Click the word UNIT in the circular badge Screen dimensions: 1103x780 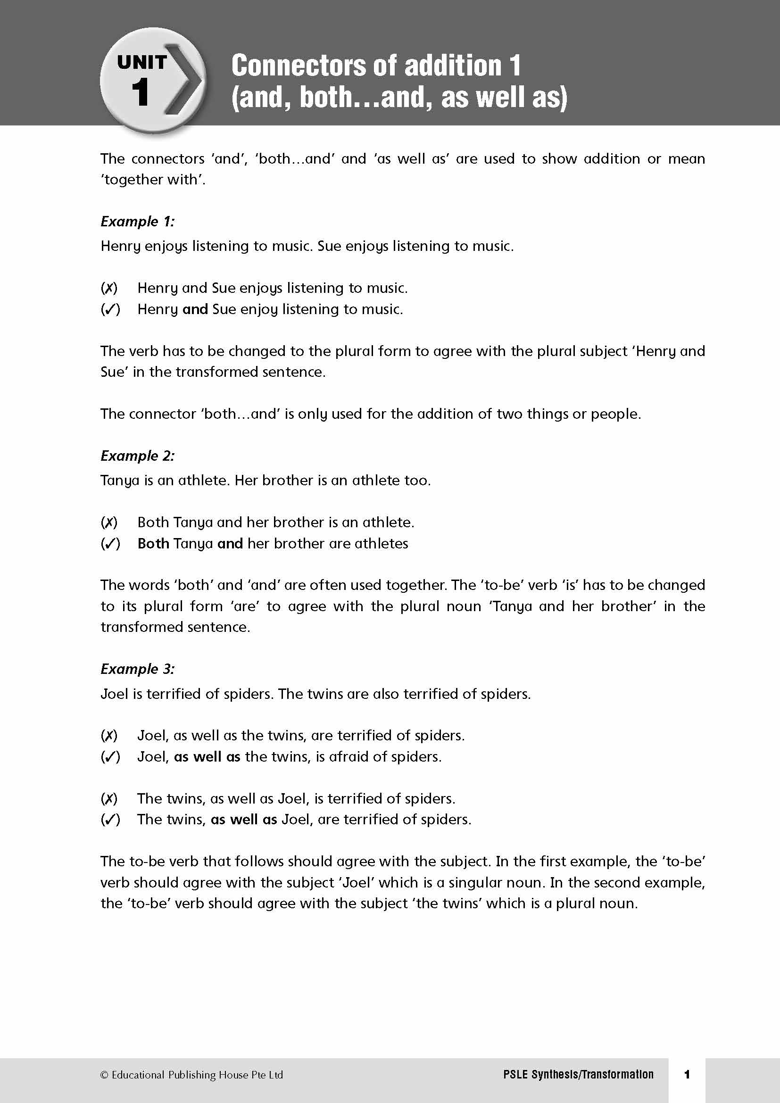141,62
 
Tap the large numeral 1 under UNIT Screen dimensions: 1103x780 140,92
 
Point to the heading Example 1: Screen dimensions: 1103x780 137,222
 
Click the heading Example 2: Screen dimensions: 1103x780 137,456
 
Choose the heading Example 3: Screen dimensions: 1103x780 137,669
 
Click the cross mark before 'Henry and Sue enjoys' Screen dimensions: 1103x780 109,288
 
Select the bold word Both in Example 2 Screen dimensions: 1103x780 153,543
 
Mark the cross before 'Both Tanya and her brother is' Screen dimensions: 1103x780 109,522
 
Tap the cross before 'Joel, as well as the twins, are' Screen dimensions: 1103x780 109,736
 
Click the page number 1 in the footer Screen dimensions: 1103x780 687,1074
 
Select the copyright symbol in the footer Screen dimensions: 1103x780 104,1075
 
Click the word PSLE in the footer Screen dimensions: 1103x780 515,1075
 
